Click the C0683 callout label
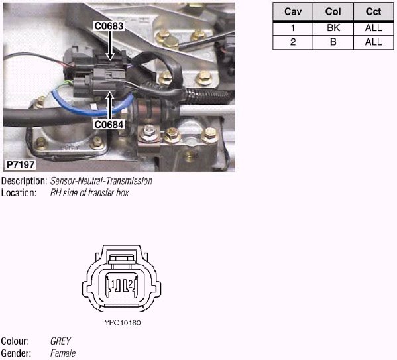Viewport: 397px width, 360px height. [x=109, y=26]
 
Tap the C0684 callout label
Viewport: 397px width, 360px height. [x=109, y=125]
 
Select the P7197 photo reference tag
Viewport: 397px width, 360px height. [x=21, y=164]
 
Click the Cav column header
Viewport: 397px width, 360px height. [x=293, y=12]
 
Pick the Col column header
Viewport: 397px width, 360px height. [x=333, y=12]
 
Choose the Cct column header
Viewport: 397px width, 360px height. [x=373, y=12]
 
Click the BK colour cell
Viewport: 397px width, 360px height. [x=333, y=28]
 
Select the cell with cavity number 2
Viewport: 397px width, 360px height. [x=293, y=42]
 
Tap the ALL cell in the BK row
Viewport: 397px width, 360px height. [x=373, y=28]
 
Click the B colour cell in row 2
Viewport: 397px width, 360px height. [x=333, y=42]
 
